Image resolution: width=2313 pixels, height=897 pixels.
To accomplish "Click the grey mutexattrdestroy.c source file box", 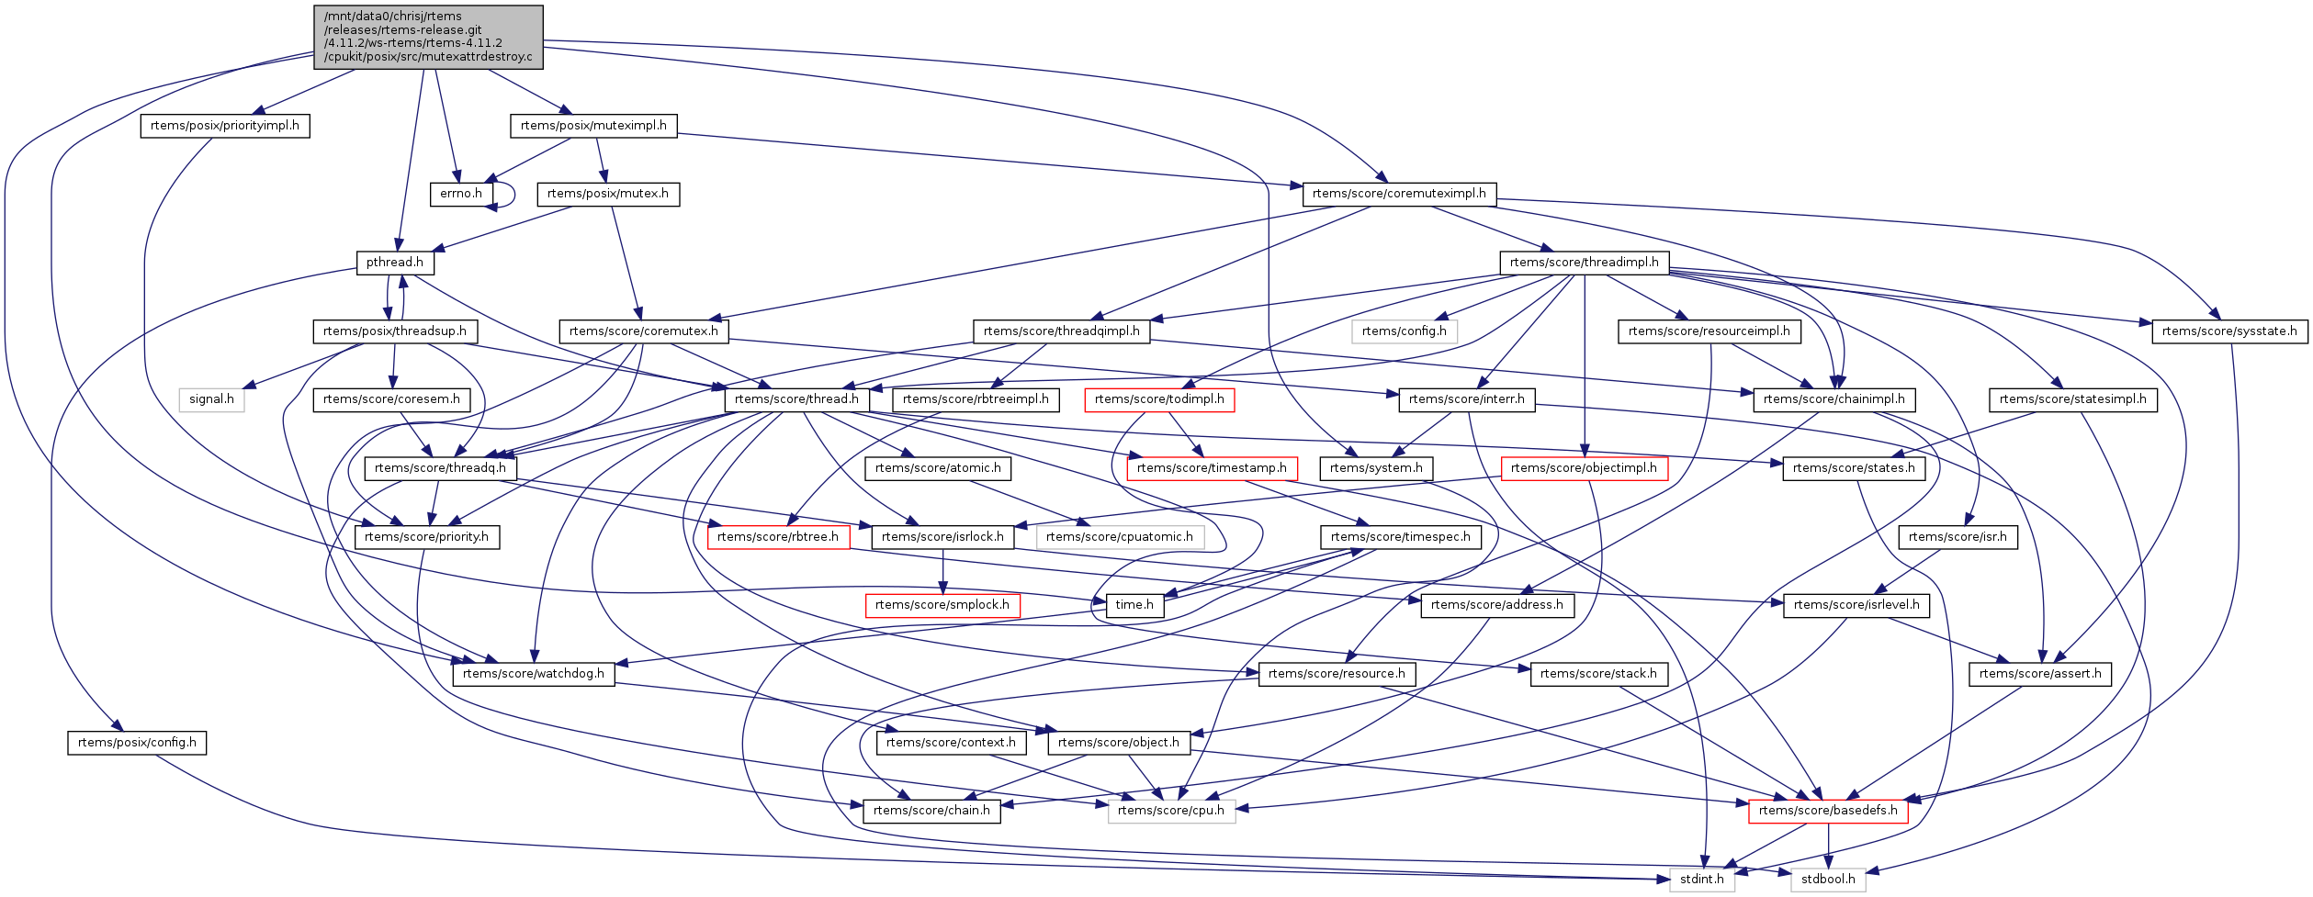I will coord(427,37).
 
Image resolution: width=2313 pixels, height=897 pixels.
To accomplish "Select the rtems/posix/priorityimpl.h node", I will coord(225,126).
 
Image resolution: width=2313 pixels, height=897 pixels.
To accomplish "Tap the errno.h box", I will coord(460,194).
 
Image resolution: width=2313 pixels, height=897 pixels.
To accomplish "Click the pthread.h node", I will coord(395,263).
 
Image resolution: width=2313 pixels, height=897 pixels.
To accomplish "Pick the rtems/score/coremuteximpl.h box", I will coord(1399,194).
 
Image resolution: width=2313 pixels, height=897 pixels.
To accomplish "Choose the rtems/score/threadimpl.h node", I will coord(1585,263).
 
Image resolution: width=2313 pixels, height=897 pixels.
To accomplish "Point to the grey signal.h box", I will coord(211,399).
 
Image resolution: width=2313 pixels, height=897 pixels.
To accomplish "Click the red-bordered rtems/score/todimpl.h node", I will coord(1159,399).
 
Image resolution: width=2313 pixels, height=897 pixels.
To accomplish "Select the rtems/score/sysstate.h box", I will coord(2229,331).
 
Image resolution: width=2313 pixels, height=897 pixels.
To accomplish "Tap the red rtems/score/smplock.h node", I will coord(942,605).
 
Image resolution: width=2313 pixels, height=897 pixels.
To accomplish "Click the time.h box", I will coord(1134,605).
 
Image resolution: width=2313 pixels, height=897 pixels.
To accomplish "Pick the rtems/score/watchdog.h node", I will coord(534,674).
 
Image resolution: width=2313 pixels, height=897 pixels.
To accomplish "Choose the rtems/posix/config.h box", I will coord(137,743).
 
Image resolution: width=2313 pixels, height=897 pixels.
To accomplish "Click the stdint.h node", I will coord(1702,880).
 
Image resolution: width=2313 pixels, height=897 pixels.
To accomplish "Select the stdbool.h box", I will coord(1828,880).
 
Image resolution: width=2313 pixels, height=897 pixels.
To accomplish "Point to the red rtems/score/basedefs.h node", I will coord(1828,811).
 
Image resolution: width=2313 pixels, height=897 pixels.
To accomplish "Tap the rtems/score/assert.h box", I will coord(2040,674).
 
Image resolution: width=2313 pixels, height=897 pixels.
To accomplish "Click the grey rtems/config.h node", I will coord(1404,331).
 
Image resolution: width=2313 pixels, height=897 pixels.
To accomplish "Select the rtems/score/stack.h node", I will coord(1598,674).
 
